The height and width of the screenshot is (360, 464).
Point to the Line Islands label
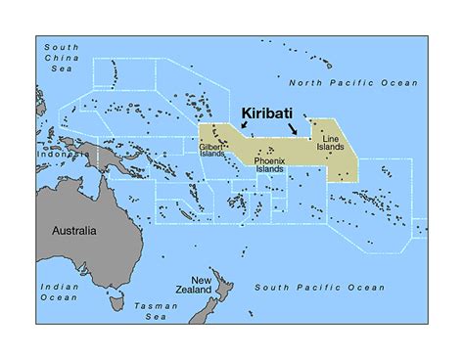click(x=335, y=144)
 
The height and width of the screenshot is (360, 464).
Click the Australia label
click(x=73, y=231)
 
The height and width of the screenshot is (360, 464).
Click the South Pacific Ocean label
click(x=320, y=288)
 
